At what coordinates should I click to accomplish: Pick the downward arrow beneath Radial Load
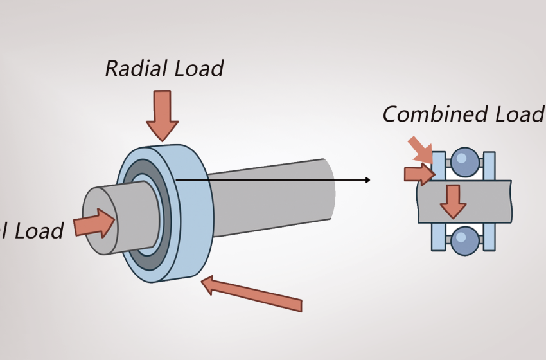point(162,114)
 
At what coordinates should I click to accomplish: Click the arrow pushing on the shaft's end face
point(94,224)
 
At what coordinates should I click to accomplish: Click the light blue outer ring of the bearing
point(195,212)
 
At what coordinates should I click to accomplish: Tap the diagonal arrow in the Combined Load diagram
point(420,148)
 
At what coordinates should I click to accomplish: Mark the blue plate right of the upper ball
point(489,165)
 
